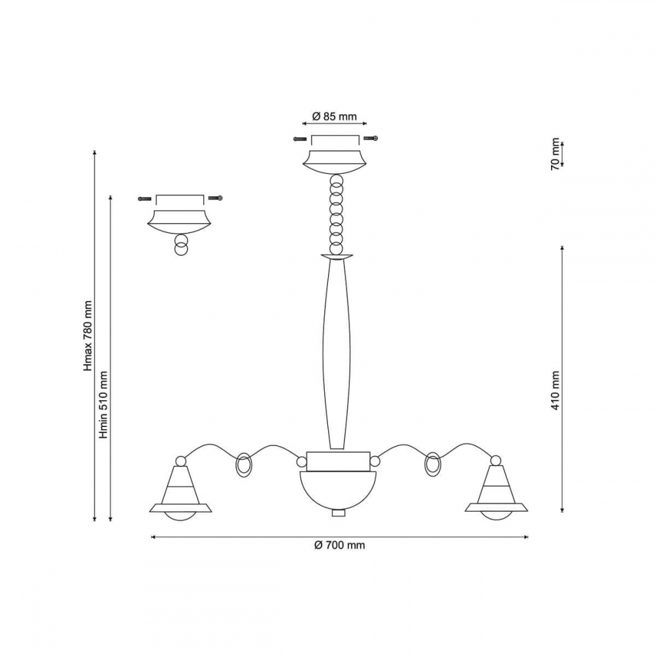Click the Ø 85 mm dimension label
335,116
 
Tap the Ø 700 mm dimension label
339,545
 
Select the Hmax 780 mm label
87,335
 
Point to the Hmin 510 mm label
104,404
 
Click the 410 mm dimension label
555,390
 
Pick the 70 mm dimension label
555,154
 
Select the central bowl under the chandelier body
338,490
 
